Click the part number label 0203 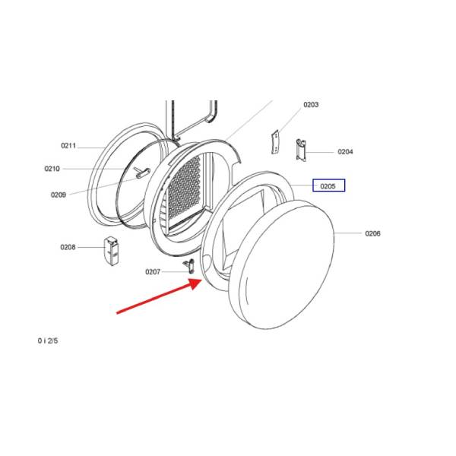tap(311, 105)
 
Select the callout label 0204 tap(345, 152)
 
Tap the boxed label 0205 tap(328, 185)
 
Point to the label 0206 tap(372, 233)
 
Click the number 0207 tap(153, 271)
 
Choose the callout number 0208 tap(68, 247)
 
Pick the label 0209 tap(59, 195)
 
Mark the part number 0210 tap(52, 169)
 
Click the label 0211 tap(68, 145)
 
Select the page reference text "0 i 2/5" tap(48, 340)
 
